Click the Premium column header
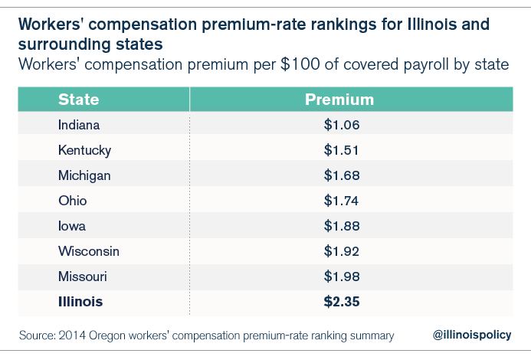pos(339,100)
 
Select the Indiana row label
pos(79,125)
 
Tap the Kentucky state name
pos(84,150)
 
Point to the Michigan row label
pos(84,175)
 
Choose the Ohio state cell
pos(72,201)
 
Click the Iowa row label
pos(72,226)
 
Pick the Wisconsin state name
pos(89,251)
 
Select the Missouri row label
pos(83,277)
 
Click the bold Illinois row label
pos(80,302)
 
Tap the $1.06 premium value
pos(341,125)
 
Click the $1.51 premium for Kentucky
pos(341,150)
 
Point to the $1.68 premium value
pos(341,175)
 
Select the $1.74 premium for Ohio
pos(341,201)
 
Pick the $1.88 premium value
pos(341,226)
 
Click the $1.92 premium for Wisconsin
pos(341,251)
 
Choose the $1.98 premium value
pos(341,277)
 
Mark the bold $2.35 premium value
pos(341,302)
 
